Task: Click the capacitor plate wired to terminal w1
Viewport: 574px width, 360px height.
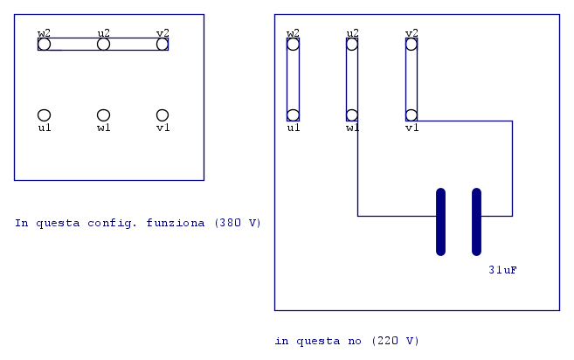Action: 440,222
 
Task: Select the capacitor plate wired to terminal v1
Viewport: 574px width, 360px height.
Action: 477,222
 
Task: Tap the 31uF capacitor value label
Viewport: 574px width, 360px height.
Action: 503,270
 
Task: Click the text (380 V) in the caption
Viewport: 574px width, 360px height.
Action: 238,223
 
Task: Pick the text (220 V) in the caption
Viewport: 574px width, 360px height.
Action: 396,341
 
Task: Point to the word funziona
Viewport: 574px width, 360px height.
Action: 176,223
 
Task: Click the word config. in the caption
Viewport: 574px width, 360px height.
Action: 112,223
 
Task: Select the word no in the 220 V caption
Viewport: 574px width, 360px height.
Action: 355,342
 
